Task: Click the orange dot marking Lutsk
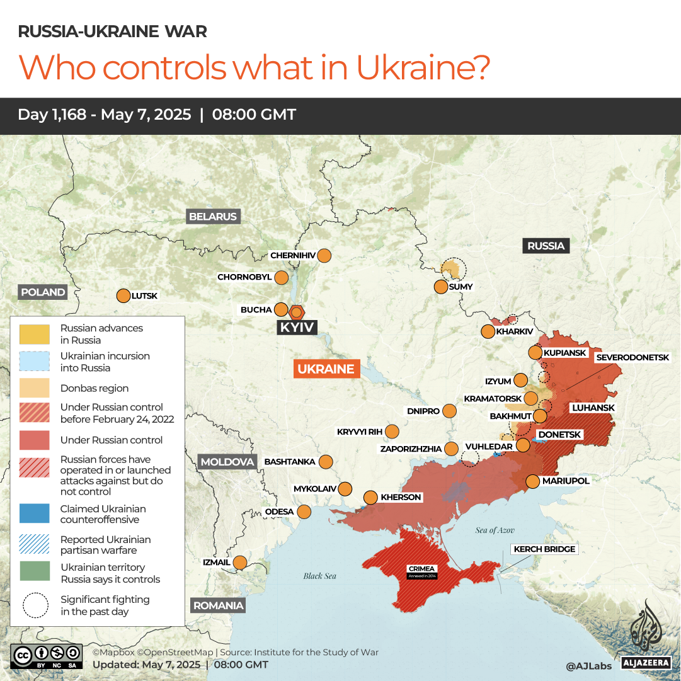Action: (x=123, y=295)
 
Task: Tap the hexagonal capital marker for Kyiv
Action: (x=297, y=312)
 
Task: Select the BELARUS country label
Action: (x=213, y=217)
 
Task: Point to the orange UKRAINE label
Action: (x=326, y=369)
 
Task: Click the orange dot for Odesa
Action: (x=304, y=512)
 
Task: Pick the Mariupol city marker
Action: (x=532, y=481)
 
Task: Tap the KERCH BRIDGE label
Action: (x=544, y=549)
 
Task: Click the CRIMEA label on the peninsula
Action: (x=421, y=569)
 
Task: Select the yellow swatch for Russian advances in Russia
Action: (x=34, y=334)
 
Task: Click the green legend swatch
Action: (x=34, y=573)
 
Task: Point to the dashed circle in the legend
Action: (x=34, y=605)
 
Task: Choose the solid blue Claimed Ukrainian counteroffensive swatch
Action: (x=34, y=514)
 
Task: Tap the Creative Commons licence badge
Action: (x=47, y=655)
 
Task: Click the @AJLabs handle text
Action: (x=588, y=665)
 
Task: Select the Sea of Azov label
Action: (x=495, y=530)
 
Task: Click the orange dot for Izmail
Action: (x=240, y=562)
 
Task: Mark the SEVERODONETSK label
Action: (x=632, y=357)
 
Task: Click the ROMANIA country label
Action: (x=217, y=605)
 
